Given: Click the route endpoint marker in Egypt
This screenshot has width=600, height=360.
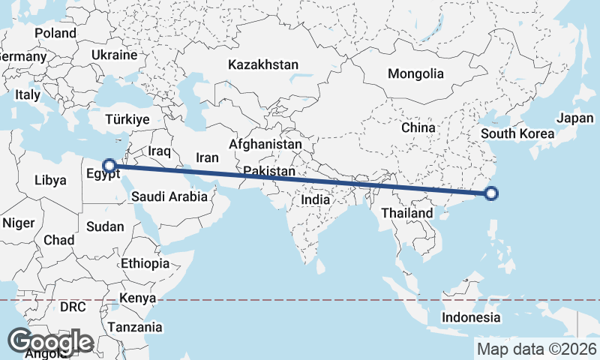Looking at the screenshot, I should (109, 166).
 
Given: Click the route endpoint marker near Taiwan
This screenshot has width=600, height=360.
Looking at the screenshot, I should (491, 194).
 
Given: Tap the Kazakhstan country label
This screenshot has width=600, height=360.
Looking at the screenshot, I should (265, 64).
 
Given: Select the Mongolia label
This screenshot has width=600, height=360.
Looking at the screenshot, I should (415, 73).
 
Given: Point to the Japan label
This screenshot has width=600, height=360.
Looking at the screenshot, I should (575, 118).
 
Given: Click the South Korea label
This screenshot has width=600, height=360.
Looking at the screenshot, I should (517, 134).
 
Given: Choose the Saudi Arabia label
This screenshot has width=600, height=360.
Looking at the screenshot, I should (168, 197).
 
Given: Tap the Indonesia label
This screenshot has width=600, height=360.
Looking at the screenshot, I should (471, 317).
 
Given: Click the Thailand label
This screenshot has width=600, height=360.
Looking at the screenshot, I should (406, 213).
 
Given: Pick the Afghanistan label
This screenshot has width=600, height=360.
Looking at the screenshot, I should (265, 144).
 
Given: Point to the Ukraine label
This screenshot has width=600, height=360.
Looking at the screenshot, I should (114, 55).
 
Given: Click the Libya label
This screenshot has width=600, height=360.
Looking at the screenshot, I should (51, 180).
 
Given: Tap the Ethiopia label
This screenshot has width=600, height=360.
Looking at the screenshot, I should (145, 263).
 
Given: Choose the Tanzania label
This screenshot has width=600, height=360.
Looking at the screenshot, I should (134, 327).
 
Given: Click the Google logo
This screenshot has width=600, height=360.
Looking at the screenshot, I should (50, 342).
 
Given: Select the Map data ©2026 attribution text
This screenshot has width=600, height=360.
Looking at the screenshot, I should (537, 349).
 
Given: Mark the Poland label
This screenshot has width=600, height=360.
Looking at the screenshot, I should (55, 33).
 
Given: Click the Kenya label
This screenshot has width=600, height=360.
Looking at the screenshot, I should (136, 298).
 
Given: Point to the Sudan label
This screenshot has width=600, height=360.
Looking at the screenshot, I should (106, 226).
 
